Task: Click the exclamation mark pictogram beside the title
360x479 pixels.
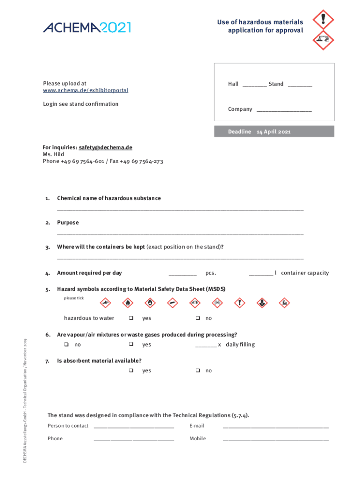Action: coord(323,20)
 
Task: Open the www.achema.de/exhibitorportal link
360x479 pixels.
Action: coord(86,90)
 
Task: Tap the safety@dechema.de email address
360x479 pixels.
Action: coord(105,147)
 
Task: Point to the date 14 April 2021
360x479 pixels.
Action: coord(274,132)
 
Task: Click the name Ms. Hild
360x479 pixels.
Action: coord(53,154)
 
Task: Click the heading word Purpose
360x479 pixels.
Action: coord(68,223)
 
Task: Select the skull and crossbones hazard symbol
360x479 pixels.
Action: coord(217,303)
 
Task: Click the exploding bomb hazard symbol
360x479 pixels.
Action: coord(107,303)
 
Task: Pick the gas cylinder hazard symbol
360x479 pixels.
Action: coord(173,303)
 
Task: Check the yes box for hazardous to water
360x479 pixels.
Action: coord(131,319)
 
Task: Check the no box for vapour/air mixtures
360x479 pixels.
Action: coord(66,345)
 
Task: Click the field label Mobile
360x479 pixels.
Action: coord(197,439)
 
